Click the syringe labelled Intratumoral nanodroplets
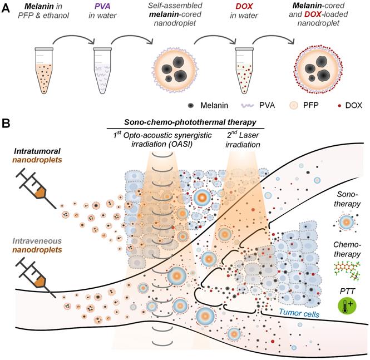tap(33, 186)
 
